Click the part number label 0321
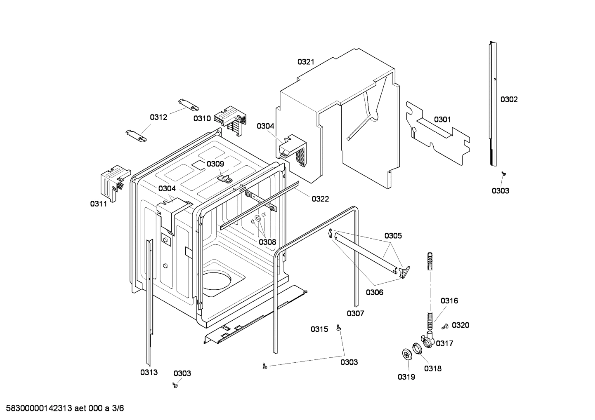(x=306, y=62)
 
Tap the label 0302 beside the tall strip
(x=509, y=99)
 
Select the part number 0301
(x=442, y=120)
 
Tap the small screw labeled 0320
(x=445, y=327)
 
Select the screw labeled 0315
(x=339, y=327)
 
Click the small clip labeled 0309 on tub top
(x=225, y=178)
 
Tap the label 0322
(x=320, y=199)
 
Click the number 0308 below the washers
(x=267, y=242)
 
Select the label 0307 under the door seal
(x=355, y=314)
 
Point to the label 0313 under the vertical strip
(x=149, y=373)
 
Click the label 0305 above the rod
(x=393, y=236)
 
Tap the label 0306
(x=374, y=293)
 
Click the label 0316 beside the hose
(x=449, y=301)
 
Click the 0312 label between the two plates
(x=158, y=117)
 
